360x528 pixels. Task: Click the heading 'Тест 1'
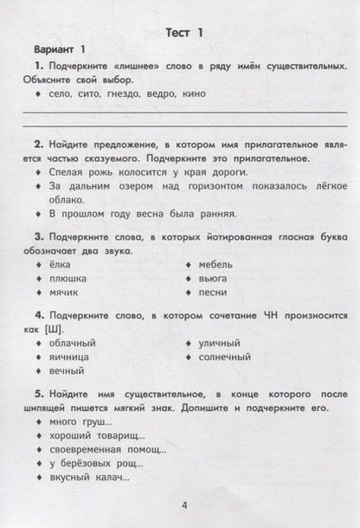pos(183,33)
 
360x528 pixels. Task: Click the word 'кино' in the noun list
pos(195,94)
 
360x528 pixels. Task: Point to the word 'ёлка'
pos(64,264)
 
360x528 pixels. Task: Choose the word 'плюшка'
pos(72,279)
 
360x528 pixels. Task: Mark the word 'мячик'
pos(67,293)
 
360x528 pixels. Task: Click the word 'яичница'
pos(74,357)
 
